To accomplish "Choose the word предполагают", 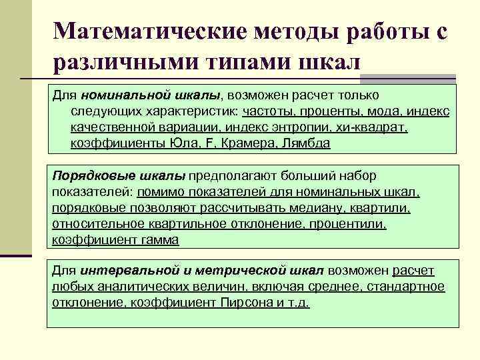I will [x=231, y=176].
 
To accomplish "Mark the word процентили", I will [x=349, y=224].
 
